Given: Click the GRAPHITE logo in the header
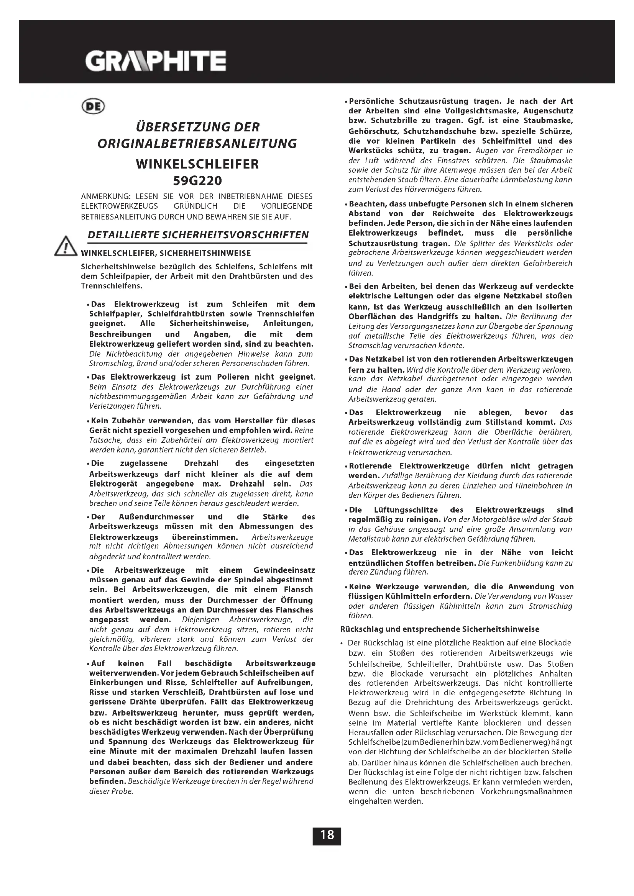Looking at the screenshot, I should tap(155, 61).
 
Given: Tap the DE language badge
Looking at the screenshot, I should tap(93, 106).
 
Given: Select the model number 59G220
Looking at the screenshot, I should tap(197, 181).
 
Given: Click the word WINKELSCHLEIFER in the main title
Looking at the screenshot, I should tap(197, 164).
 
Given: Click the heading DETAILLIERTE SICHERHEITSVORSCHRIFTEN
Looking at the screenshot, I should tap(198, 235).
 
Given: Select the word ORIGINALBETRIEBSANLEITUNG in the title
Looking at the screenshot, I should tap(197, 144).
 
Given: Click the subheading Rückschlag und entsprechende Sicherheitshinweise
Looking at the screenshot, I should tap(440, 629).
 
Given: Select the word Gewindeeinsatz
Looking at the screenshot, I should tap(284, 570).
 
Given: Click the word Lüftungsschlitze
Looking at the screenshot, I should tap(406, 510).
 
